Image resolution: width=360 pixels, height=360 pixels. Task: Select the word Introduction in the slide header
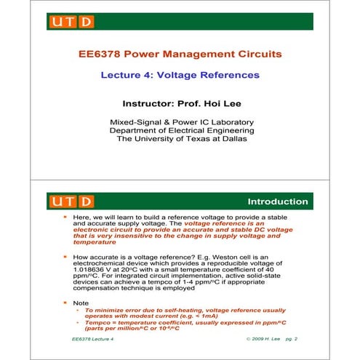pyautogui.click(x=278, y=201)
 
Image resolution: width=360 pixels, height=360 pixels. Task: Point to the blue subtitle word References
pyautogui.click(x=229, y=75)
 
